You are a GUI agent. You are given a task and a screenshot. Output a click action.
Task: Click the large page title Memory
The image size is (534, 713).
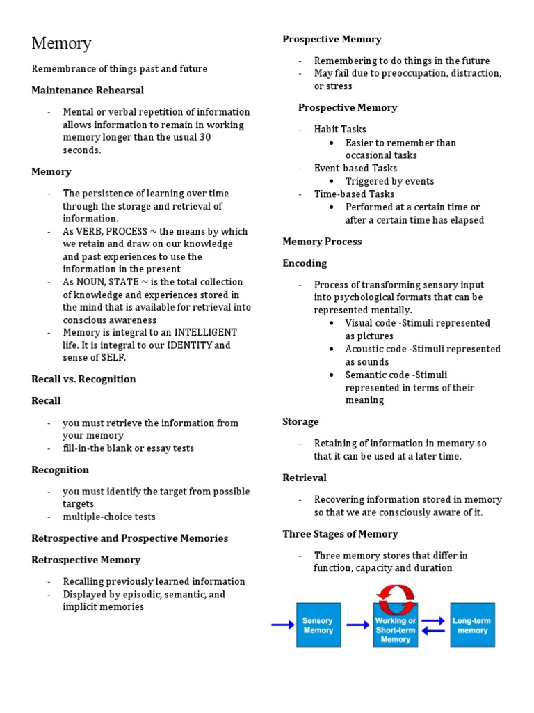click(x=61, y=43)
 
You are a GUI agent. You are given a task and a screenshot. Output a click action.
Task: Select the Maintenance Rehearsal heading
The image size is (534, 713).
click(x=88, y=90)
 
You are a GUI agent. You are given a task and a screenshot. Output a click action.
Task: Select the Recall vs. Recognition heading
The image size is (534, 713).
click(x=83, y=379)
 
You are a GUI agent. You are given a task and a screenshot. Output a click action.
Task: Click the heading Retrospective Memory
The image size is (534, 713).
click(x=86, y=560)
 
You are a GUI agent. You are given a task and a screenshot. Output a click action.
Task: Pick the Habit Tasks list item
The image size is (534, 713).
click(x=340, y=129)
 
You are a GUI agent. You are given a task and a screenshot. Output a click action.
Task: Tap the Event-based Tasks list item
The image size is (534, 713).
click(x=355, y=168)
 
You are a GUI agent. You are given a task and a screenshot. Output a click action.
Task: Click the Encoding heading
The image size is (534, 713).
click(x=305, y=263)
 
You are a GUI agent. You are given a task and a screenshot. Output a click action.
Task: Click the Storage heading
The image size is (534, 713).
click(x=300, y=421)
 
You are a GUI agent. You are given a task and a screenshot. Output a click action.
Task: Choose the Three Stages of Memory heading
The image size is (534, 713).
click(x=340, y=534)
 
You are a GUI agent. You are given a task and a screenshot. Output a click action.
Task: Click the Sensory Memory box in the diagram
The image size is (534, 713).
click(x=318, y=625)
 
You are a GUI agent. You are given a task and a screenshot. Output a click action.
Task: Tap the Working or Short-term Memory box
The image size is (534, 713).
click(x=395, y=625)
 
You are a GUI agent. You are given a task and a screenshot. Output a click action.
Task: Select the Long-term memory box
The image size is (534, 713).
click(x=472, y=625)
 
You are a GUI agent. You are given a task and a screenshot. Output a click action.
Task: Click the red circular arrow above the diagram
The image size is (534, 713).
click(x=395, y=595)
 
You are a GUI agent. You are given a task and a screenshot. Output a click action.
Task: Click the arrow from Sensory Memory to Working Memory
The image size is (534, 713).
click(x=357, y=625)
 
